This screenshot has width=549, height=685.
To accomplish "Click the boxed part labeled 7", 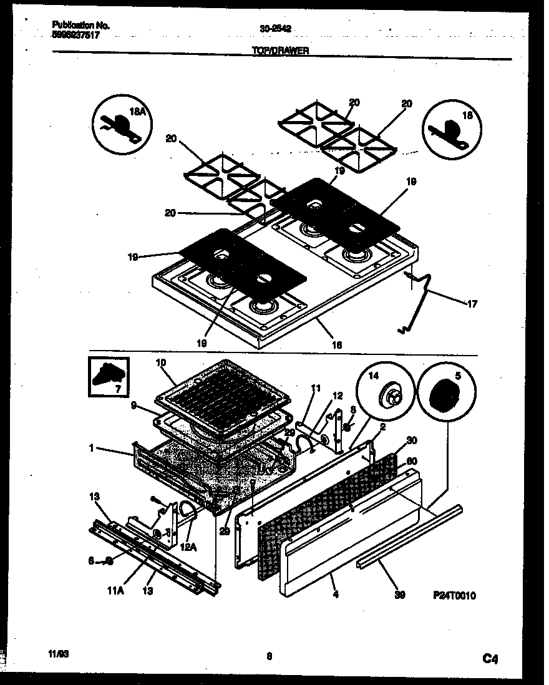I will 108,376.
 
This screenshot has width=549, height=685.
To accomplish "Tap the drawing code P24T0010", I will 454,596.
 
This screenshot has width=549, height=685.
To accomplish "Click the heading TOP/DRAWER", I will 280,52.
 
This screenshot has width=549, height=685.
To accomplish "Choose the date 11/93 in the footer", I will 57,655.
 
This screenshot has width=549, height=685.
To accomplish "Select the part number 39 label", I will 401,596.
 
